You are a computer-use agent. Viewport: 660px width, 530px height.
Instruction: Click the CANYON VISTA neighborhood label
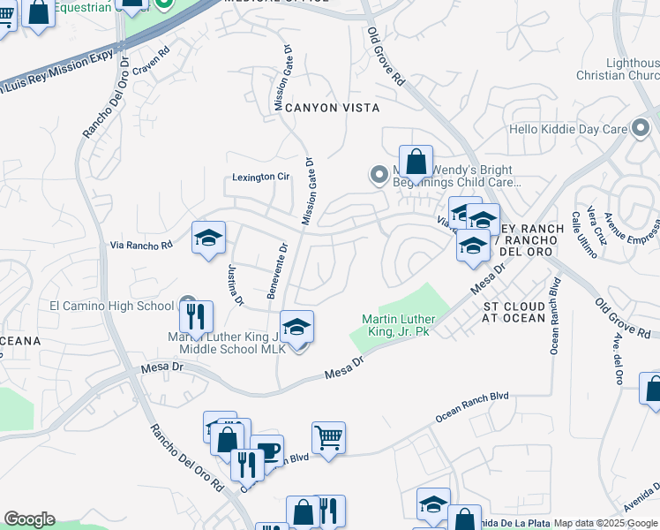coord(332,108)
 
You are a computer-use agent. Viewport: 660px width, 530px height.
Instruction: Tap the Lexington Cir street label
coord(260,177)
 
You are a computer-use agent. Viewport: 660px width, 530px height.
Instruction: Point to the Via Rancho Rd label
coord(142,246)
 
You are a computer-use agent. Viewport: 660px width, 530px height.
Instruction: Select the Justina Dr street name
coord(235,285)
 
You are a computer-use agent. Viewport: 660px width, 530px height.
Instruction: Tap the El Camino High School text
coord(112,307)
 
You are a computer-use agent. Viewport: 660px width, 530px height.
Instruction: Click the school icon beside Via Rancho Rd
coord(209,238)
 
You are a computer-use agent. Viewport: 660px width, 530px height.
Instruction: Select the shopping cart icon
coord(328,436)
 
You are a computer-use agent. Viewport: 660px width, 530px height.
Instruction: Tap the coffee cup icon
coord(266,450)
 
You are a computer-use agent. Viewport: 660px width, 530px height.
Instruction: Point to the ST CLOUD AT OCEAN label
coord(521,312)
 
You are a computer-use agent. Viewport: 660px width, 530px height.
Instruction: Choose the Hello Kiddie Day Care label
coord(580,130)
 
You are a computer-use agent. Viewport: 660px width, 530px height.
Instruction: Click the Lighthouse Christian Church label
coord(632,70)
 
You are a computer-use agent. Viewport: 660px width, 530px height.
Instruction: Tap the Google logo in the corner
coord(29,519)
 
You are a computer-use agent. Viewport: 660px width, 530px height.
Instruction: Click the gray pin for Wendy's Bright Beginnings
coord(379,176)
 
